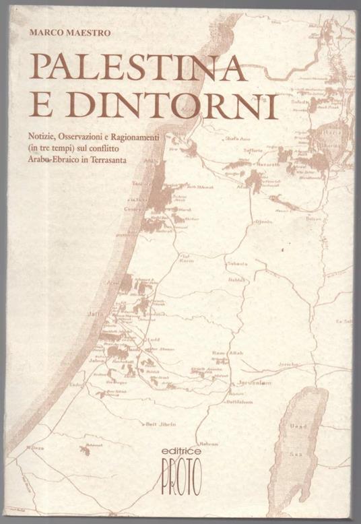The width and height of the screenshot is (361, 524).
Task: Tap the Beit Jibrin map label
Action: coord(160,424)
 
